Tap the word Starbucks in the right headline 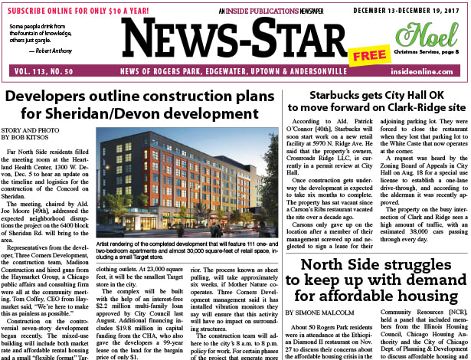click(334, 97)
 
